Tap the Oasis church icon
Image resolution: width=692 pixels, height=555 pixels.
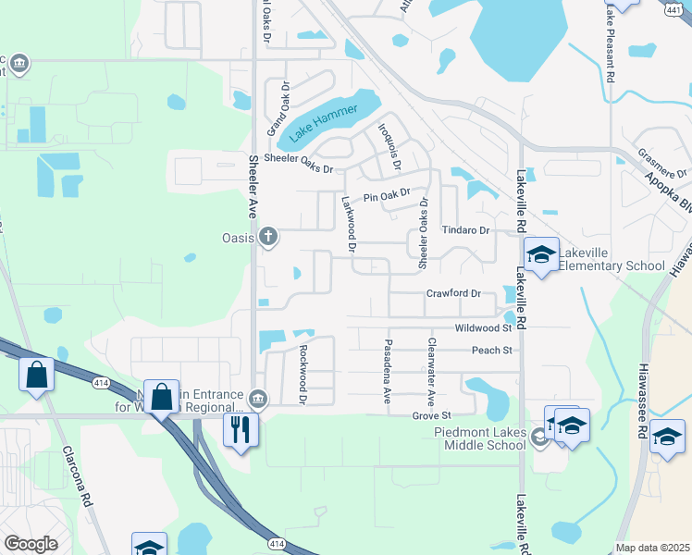(x=268, y=237)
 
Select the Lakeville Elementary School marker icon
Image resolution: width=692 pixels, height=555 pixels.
(x=541, y=255)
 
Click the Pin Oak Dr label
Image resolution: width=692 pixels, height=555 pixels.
(x=386, y=197)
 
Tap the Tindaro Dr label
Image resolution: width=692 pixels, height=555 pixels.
(x=464, y=230)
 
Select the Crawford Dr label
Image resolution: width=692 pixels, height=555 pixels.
(x=453, y=294)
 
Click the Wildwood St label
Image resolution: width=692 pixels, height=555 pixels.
(x=483, y=328)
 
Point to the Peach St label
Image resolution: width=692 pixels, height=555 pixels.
(x=491, y=351)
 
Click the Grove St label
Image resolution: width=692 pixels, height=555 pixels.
(x=431, y=415)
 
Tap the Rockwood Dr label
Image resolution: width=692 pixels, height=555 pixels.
(x=303, y=375)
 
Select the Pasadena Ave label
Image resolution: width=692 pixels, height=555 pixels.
(x=388, y=370)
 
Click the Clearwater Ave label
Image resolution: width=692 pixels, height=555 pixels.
(x=430, y=372)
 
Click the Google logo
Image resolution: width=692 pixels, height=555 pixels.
(x=31, y=544)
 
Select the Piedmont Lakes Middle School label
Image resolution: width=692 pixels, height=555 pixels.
(x=480, y=438)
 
